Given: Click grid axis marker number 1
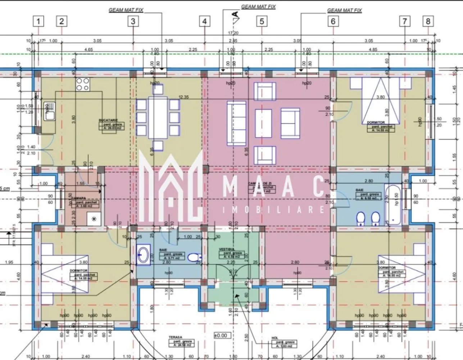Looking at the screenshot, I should tap(38, 21).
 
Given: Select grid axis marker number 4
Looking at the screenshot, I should tap(205, 21).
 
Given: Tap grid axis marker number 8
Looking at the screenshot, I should tap(428, 21).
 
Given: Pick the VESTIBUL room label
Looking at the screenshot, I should tap(227, 249).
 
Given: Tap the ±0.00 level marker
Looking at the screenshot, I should tap(221, 335).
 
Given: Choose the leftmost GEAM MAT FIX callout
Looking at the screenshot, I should tap(126, 10).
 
